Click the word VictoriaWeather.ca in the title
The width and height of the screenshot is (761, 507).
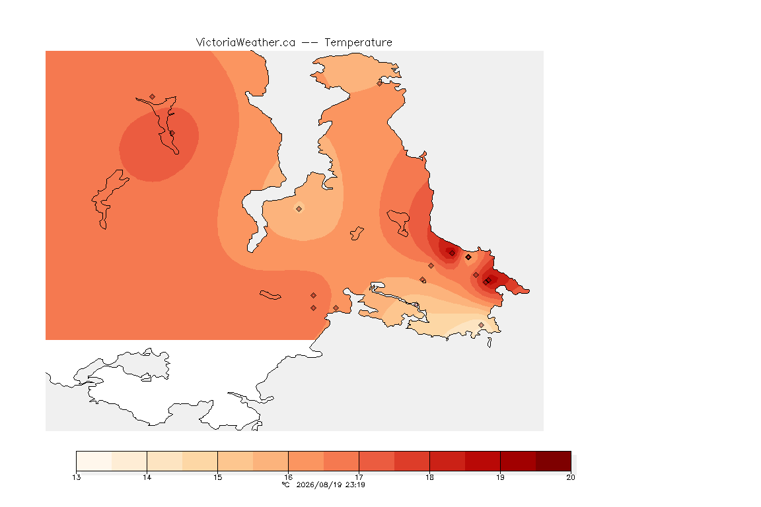pos(246,43)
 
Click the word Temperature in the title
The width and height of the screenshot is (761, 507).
pos(358,43)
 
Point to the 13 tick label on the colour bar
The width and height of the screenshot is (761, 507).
pos(76,477)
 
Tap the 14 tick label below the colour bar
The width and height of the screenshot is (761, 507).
pos(147,477)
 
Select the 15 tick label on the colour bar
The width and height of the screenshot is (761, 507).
pos(217,477)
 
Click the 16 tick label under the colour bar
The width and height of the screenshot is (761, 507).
pos(288,477)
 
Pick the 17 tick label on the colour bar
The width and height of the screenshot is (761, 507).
pos(359,477)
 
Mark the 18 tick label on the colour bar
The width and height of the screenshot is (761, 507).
pos(429,477)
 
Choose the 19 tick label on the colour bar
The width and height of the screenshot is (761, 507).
pos(500,477)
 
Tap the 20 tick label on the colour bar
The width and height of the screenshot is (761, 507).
pos(571,477)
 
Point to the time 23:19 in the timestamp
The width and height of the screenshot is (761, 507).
pos(355,485)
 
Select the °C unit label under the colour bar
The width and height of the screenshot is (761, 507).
pos(286,485)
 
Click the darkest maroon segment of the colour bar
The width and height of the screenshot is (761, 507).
pos(554,461)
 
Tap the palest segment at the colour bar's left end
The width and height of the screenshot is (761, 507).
pos(94,461)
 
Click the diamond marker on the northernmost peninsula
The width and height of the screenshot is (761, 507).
pos(380,83)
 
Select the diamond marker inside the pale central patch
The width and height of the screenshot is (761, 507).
pos(299,209)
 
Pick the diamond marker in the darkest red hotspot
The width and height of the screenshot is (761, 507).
pos(453,253)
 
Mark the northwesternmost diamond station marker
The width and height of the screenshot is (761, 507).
pos(153,97)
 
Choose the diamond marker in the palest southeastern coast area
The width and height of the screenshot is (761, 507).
pos(481,325)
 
